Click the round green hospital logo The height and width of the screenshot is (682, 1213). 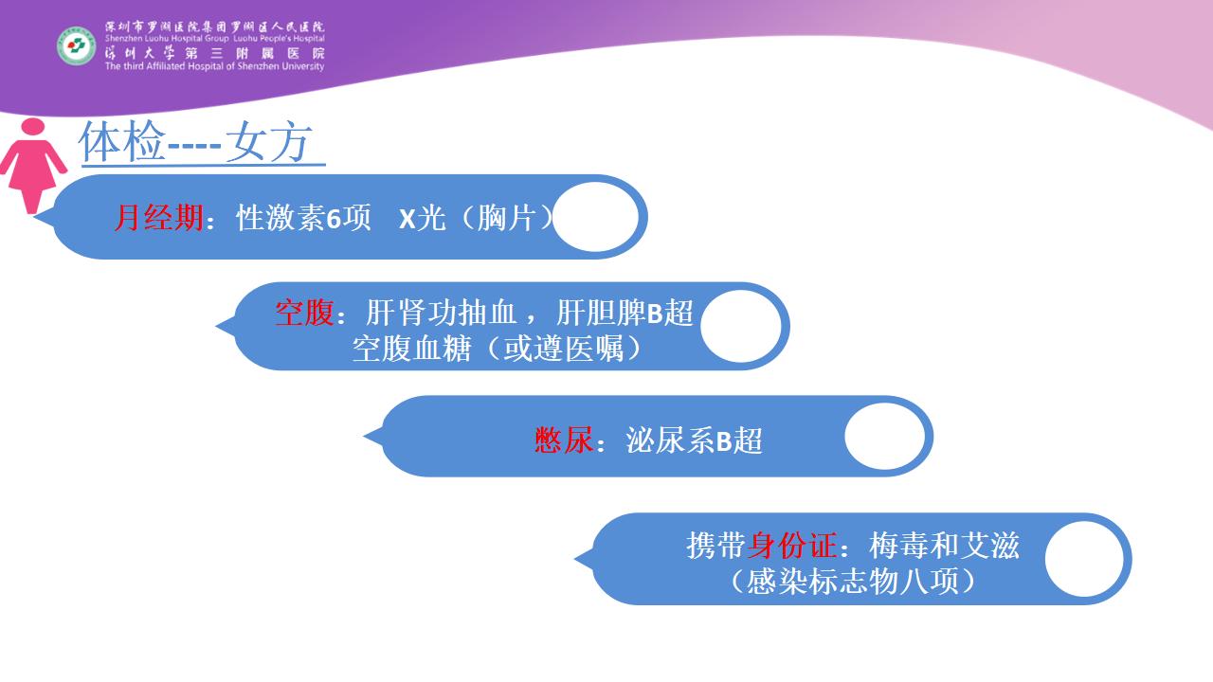tap(77, 46)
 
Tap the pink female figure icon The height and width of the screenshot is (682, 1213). tap(33, 166)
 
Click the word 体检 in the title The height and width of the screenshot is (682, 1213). tap(122, 142)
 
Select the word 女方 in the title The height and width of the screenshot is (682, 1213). tap(269, 142)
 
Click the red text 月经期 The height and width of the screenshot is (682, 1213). tap(158, 218)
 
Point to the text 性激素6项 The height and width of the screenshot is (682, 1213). tap(303, 218)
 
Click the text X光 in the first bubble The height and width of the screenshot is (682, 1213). tap(422, 218)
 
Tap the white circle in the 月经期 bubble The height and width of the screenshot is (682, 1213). tap(596, 217)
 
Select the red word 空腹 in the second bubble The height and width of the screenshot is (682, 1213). tap(304, 313)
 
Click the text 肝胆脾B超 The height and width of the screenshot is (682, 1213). tap(625, 313)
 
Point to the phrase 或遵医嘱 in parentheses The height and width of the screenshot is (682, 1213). tap(564, 349)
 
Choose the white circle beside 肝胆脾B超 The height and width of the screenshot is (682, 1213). tap(741, 327)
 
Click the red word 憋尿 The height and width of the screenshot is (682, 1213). tap(564, 440)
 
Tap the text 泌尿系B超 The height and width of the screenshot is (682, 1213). tap(694, 440)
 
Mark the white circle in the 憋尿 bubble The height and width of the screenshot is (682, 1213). tap(885, 437)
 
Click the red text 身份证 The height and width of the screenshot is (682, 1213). tap(792, 545)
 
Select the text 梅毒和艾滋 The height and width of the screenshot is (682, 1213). tap(945, 545)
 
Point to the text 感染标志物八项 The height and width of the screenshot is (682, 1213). tap(852, 582)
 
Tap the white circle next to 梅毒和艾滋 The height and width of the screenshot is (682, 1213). tap(1085, 559)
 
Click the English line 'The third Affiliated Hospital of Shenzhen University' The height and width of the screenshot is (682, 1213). tap(214, 66)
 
